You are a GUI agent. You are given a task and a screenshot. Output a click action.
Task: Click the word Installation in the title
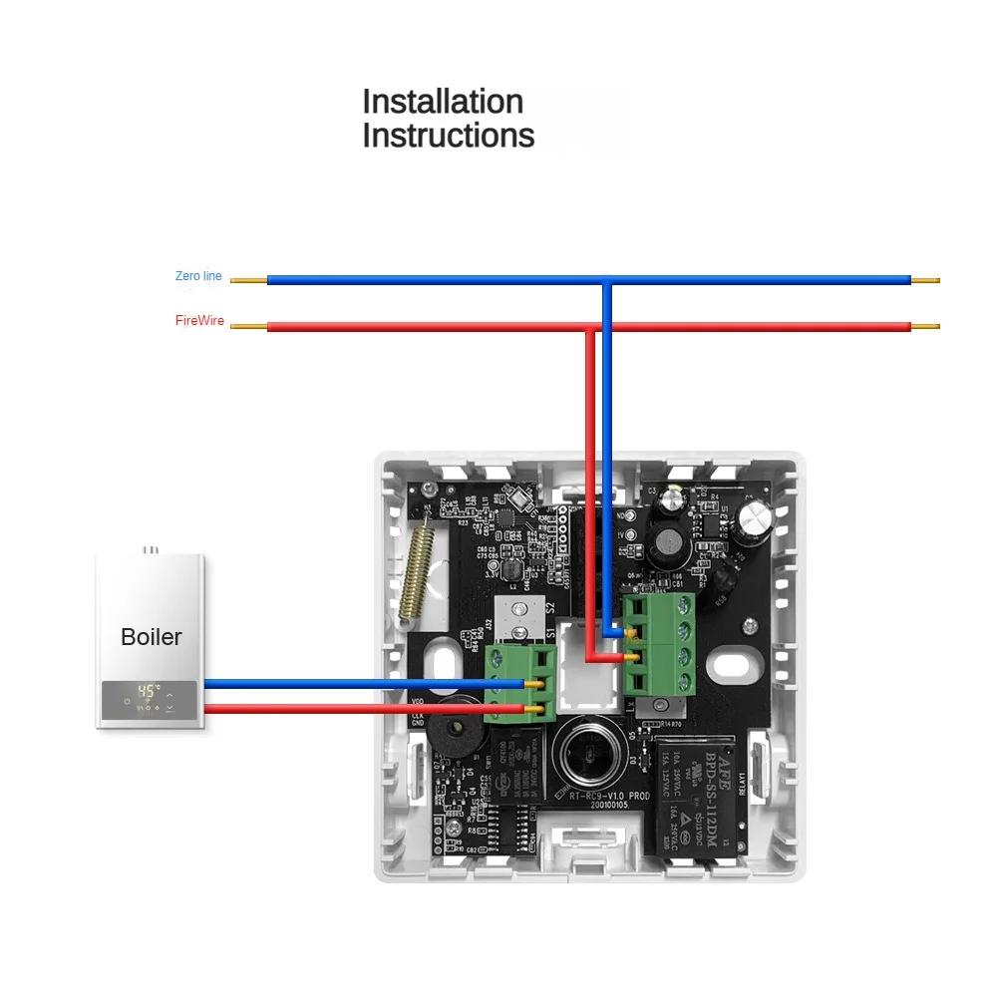(442, 102)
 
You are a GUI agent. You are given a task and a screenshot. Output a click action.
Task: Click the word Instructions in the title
(448, 136)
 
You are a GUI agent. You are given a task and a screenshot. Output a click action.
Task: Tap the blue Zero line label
(198, 276)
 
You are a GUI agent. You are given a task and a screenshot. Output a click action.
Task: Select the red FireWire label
(199, 322)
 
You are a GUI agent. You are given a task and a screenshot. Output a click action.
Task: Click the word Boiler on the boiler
(152, 636)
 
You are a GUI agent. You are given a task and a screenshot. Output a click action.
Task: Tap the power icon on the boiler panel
(127, 701)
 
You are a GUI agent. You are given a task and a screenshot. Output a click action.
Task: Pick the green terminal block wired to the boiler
(519, 683)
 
